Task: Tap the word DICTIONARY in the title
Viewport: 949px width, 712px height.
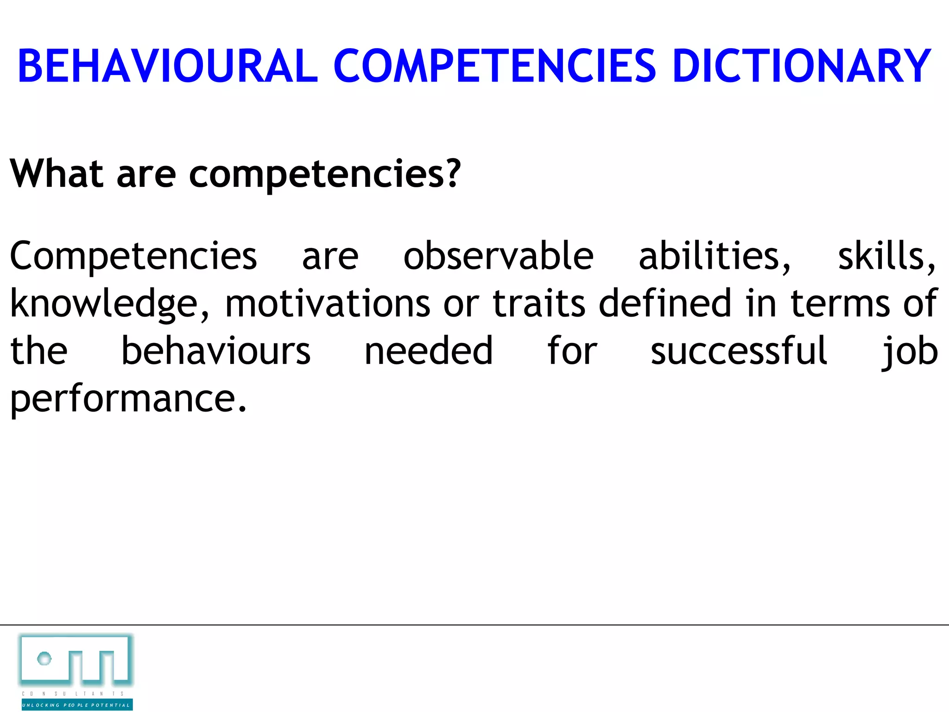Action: [x=801, y=66]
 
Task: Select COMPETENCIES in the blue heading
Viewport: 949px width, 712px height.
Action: [x=494, y=66]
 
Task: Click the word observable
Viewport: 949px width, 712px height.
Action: [x=498, y=256]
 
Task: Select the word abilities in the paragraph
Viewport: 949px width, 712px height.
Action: [x=714, y=256]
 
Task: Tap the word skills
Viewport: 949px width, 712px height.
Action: [x=886, y=256]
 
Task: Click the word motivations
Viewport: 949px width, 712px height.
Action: [x=328, y=304]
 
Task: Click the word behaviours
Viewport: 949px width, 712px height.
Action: [x=215, y=351]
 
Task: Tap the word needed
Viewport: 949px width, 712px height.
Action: [x=429, y=351]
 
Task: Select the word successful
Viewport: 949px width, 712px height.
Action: [x=739, y=351]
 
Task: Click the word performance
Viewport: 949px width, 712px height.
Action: [x=128, y=399]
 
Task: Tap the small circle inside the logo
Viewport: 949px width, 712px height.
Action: [x=44, y=658]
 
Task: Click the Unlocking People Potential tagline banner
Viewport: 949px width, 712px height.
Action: [x=77, y=705]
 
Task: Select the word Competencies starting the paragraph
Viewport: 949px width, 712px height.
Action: [x=133, y=257]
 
